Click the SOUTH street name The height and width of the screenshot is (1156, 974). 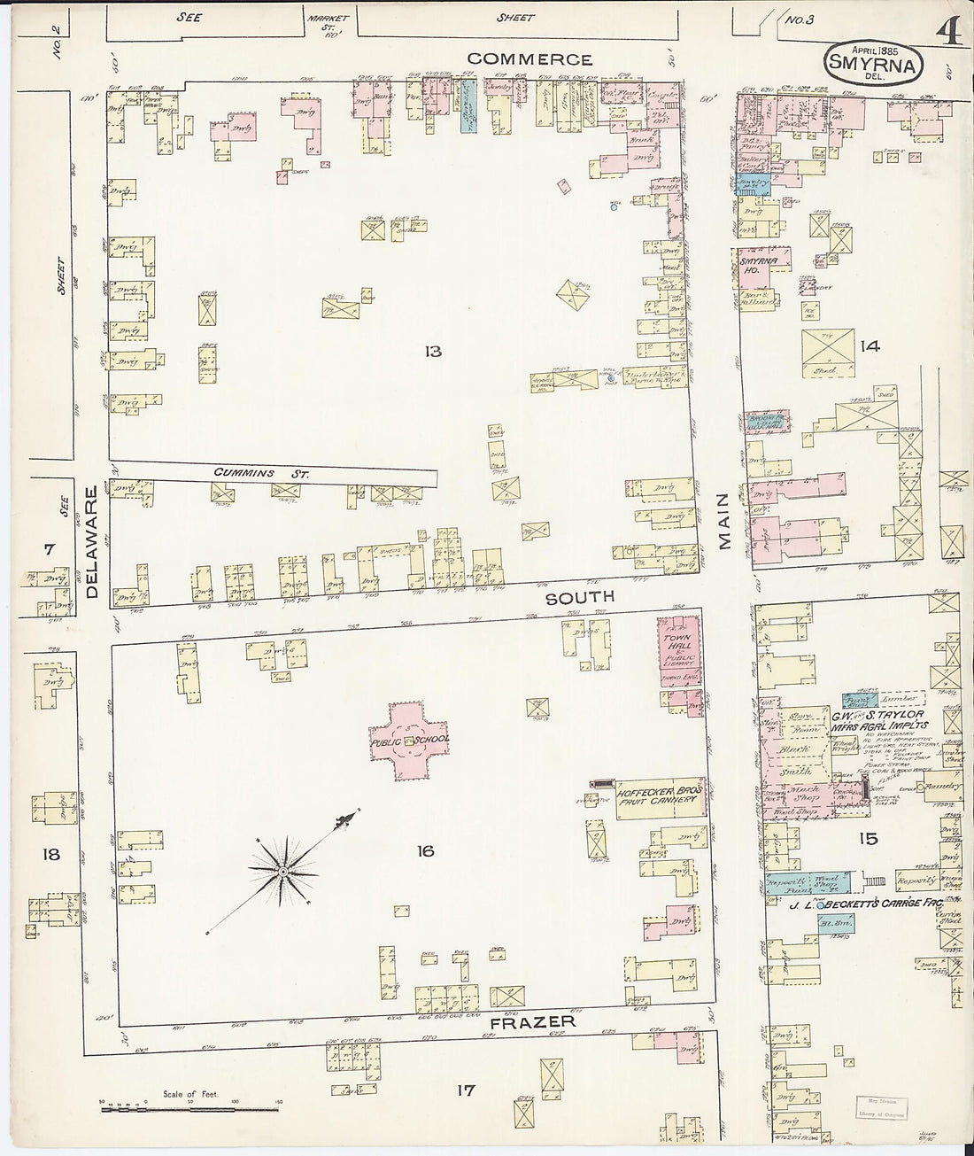(579, 597)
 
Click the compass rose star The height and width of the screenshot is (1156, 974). (282, 872)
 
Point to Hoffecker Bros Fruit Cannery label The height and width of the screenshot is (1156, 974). (659, 794)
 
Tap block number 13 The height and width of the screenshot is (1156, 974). (432, 352)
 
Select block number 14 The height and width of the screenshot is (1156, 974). (870, 346)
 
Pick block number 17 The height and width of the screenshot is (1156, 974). (466, 1090)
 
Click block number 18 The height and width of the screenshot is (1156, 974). (50, 854)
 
